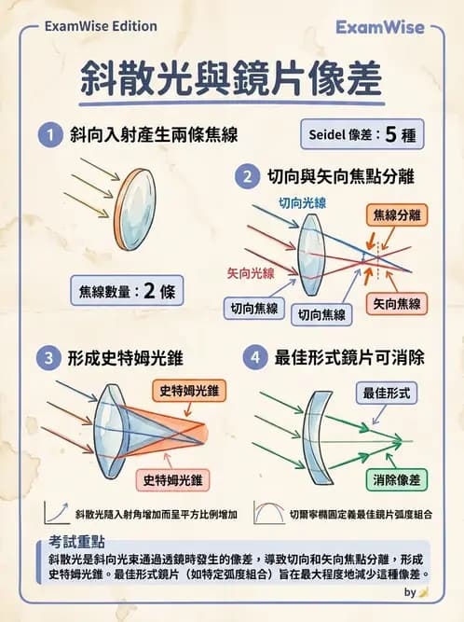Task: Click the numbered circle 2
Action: [x=248, y=175]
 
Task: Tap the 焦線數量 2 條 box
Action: [x=126, y=290]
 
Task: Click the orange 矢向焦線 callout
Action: [x=396, y=304]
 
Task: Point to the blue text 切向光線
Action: [x=301, y=202]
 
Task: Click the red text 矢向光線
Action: [x=251, y=273]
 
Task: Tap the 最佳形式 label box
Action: [x=386, y=393]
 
